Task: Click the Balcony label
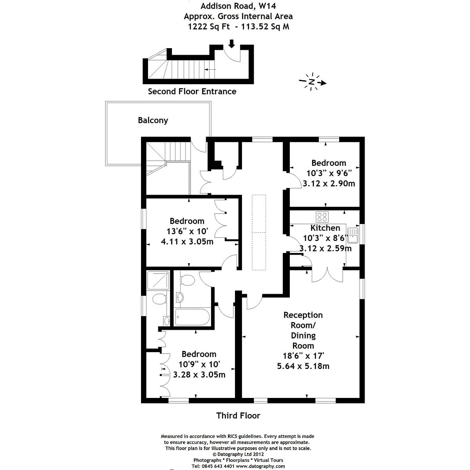pyautogui.click(x=153, y=120)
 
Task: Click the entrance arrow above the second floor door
pyautogui.click(x=231, y=43)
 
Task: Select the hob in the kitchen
pyautogui.click(x=322, y=217)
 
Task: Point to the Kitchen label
pyautogui.click(x=325, y=228)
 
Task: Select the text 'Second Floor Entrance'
pyautogui.click(x=192, y=91)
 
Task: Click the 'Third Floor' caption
pyautogui.click(x=238, y=416)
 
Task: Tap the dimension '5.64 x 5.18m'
pyautogui.click(x=303, y=366)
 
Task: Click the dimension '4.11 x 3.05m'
pyautogui.click(x=187, y=242)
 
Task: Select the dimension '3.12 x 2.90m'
pyautogui.click(x=329, y=183)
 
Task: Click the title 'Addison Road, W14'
pyautogui.click(x=238, y=6)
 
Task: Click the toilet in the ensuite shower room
pyautogui.click(x=159, y=300)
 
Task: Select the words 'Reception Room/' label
pyautogui.click(x=303, y=320)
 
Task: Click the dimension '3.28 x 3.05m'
pyautogui.click(x=199, y=374)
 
